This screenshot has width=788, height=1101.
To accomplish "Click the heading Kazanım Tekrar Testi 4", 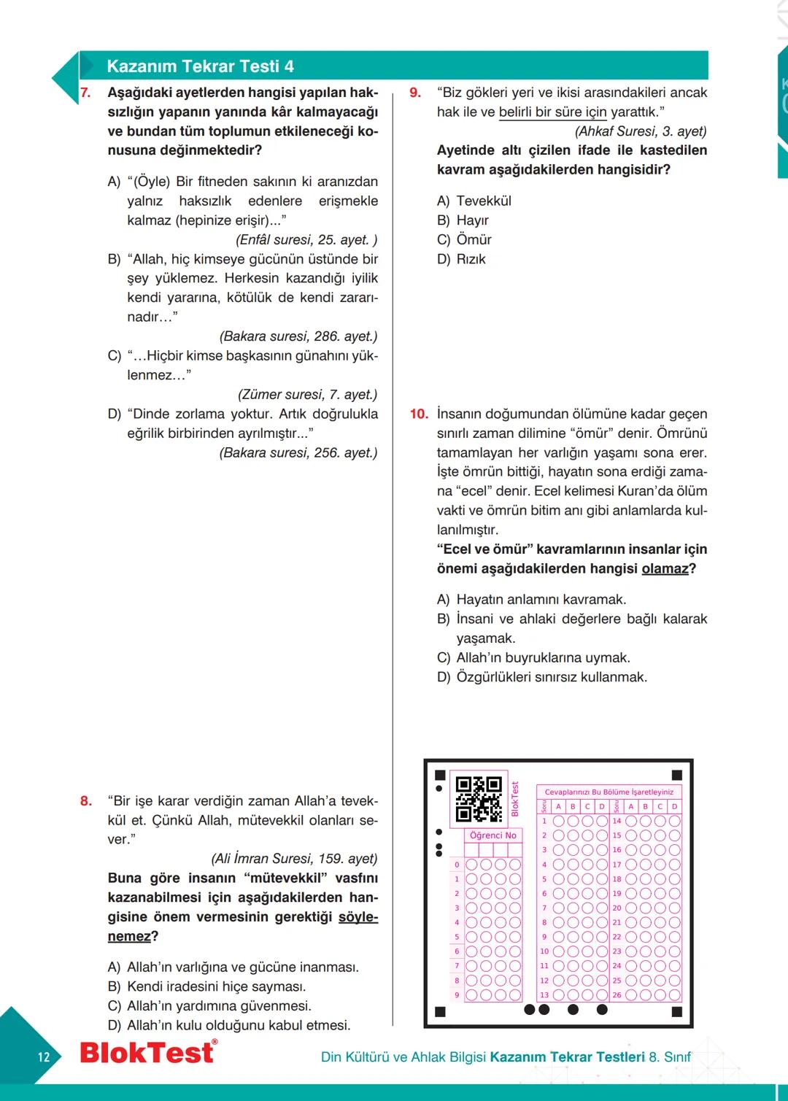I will (x=200, y=66).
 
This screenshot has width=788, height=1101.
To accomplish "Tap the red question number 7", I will (x=85, y=93).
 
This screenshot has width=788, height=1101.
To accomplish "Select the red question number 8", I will (x=86, y=801).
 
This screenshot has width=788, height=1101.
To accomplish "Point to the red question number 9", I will (x=415, y=93).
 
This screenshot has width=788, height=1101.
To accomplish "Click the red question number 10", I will (x=419, y=414).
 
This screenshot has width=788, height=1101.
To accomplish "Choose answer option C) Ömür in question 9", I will (x=464, y=239).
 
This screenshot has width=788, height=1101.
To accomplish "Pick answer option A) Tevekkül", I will (x=474, y=201).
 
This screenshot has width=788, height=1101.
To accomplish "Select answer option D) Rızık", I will (x=461, y=259).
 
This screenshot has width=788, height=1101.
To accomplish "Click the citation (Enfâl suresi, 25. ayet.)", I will (x=306, y=239).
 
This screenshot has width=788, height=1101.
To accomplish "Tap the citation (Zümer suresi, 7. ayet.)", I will (x=307, y=394).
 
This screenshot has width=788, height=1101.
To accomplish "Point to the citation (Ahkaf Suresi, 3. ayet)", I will (x=641, y=131).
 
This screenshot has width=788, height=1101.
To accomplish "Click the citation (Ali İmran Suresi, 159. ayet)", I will (x=294, y=858).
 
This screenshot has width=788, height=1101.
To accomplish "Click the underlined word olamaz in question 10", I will (x=665, y=568).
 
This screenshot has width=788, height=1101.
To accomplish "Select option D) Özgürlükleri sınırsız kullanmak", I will (x=541, y=677).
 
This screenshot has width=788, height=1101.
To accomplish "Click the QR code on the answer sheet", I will (x=479, y=799).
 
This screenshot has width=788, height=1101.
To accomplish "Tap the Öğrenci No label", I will (x=493, y=835).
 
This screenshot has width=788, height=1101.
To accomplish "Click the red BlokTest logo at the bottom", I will (x=148, y=1052).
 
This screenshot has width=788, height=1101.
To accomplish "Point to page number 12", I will (x=44, y=1056).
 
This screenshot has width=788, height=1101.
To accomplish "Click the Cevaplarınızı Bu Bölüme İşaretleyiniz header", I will (x=609, y=792).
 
